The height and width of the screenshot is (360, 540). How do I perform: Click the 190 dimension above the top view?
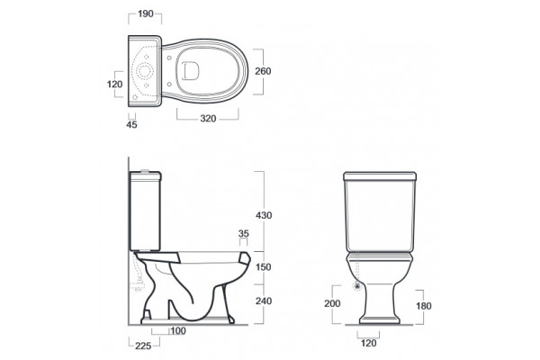click(x=145, y=13)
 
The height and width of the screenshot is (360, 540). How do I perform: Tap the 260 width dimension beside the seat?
click(x=263, y=71)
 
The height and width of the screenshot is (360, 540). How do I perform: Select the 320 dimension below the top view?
click(x=208, y=119)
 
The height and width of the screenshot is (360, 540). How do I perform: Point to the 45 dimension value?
click(x=131, y=125)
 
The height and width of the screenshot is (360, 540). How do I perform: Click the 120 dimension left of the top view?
click(x=114, y=84)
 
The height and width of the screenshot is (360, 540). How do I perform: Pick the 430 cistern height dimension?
click(x=264, y=215)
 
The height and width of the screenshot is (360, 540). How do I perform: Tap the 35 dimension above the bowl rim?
click(x=244, y=234)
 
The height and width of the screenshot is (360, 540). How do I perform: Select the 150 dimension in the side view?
click(x=264, y=267)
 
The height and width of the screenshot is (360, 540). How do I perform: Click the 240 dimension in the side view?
click(x=264, y=301)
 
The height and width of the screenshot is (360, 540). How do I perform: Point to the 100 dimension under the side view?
click(x=178, y=330)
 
